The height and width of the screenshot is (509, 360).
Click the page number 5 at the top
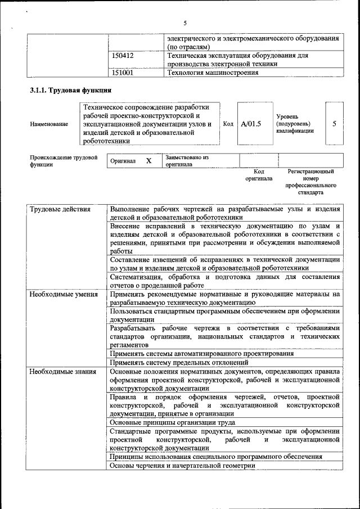(x=184, y=23)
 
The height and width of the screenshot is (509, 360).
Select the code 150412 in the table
(x=123, y=56)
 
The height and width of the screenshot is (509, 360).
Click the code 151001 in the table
(x=123, y=73)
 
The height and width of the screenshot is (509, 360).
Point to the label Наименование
(x=49, y=124)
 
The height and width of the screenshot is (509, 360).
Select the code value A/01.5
(x=251, y=124)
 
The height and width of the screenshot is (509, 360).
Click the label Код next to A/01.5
(x=228, y=124)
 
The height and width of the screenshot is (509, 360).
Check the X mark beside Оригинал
(x=149, y=161)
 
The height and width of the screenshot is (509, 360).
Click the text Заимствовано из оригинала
(x=187, y=161)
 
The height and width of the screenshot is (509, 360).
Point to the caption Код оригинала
(x=259, y=175)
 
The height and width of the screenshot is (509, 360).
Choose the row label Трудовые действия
(x=60, y=209)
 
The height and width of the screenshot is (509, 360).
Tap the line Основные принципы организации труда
(x=172, y=422)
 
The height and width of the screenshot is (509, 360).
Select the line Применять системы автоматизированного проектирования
(x=201, y=354)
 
